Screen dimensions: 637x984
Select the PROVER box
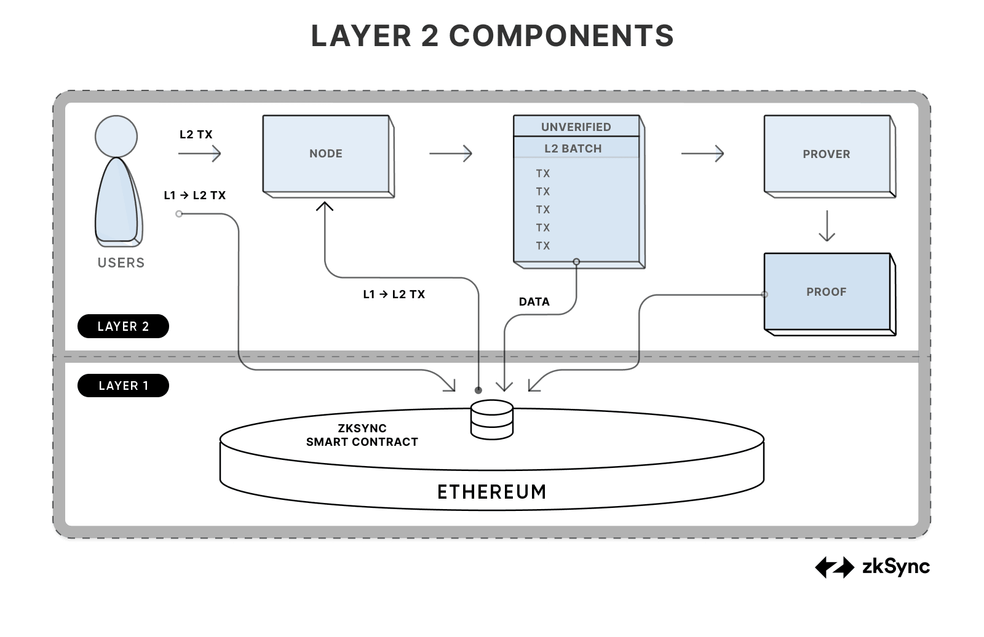pyautogui.click(x=827, y=154)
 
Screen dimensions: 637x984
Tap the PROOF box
pyautogui.click(x=827, y=292)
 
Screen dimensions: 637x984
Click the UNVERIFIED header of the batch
pyautogui.click(x=576, y=127)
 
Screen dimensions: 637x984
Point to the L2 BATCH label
pyautogui.click(x=573, y=149)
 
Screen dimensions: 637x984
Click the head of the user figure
pyautogui.click(x=116, y=136)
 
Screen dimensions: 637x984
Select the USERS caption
pyautogui.click(x=121, y=263)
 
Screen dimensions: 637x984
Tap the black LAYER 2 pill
pyautogui.click(x=123, y=326)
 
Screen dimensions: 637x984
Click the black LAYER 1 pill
pyautogui.click(x=123, y=386)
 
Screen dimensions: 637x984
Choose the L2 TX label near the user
pyautogui.click(x=196, y=135)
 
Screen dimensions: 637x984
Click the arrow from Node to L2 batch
pyautogui.click(x=451, y=153)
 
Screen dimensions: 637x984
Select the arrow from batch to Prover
pyautogui.click(x=702, y=153)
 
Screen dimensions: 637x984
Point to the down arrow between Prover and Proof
pyautogui.click(x=827, y=226)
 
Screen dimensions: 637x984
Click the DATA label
pyautogui.click(x=534, y=302)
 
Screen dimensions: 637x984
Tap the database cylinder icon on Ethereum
pyautogui.click(x=491, y=419)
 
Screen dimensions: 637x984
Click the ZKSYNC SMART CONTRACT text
pyautogui.click(x=362, y=435)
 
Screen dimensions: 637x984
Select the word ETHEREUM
pyautogui.click(x=491, y=492)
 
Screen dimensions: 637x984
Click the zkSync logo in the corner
pyautogui.click(x=872, y=567)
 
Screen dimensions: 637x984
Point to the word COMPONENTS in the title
pyautogui.click(x=561, y=36)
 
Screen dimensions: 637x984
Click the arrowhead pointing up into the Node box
pyautogui.click(x=325, y=206)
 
